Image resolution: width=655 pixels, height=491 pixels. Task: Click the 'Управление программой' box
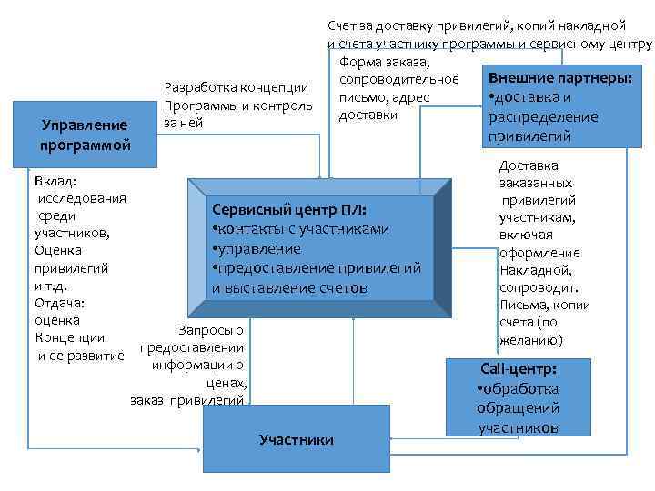coord(86,134)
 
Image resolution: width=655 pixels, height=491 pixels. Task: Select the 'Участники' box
coord(296,439)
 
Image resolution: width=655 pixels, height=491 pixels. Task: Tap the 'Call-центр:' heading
coord(519,370)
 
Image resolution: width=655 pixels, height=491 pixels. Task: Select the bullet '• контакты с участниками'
coord(299,228)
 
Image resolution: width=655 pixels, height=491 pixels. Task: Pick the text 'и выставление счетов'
coord(289,288)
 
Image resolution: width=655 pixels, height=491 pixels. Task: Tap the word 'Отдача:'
coord(57,303)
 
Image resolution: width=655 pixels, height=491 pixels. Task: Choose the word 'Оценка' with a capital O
coord(57,250)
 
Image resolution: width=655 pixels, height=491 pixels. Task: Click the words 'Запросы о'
coord(214,330)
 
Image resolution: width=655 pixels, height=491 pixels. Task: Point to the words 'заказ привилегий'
coord(186,400)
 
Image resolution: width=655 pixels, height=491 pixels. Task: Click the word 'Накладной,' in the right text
coord(535,270)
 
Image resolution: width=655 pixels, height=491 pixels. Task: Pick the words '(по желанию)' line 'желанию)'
coord(531,340)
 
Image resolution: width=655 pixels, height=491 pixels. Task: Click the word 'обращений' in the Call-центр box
coord(518,408)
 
